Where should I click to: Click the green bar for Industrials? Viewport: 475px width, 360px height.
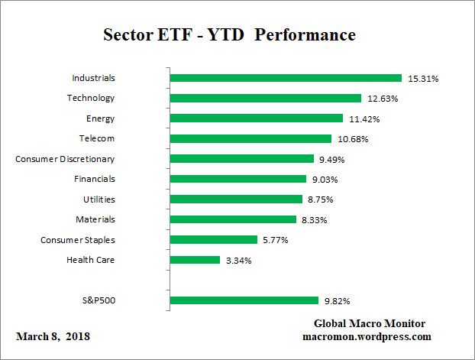[286, 78]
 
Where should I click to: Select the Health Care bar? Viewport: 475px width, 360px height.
[195, 260]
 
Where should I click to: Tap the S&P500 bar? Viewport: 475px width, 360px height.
[244, 300]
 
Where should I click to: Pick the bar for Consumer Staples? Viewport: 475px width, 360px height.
[213, 240]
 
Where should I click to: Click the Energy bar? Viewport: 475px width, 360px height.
[256, 118]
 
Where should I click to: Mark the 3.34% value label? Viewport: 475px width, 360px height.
[238, 261]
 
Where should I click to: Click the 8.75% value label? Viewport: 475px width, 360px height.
[320, 199]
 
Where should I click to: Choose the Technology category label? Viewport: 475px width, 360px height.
[90, 98]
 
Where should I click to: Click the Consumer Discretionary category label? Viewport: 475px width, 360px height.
[65, 159]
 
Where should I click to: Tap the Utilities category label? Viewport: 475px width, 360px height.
[99, 199]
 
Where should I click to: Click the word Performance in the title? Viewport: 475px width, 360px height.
[311, 35]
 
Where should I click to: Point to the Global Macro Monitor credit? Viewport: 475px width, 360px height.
[370, 323]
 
